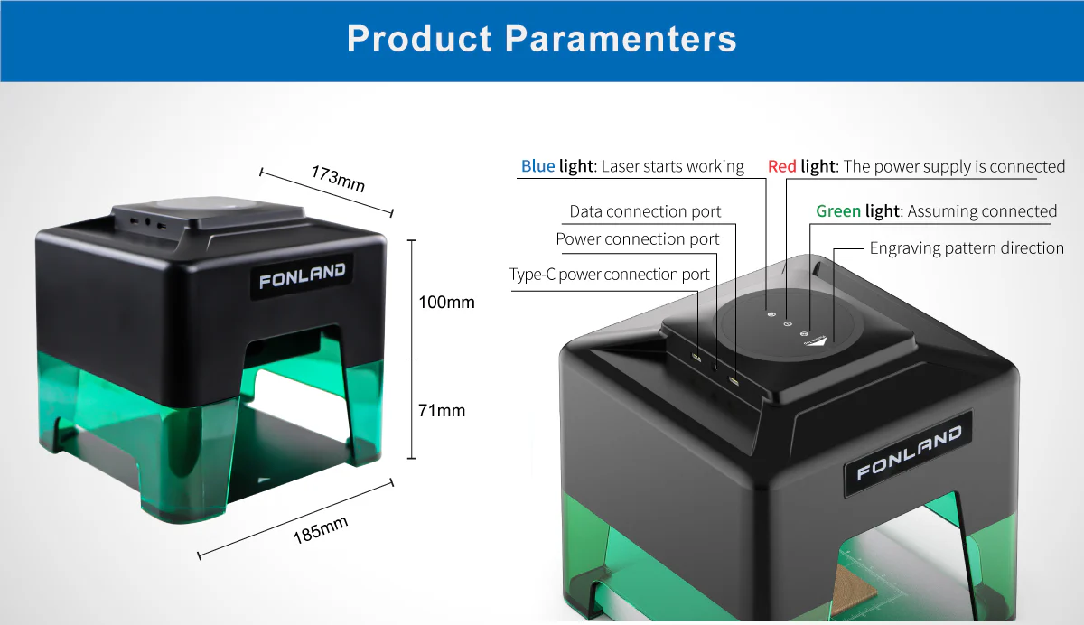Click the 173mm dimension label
338,179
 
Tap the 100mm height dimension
446,303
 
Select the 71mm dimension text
442,411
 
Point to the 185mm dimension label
321,529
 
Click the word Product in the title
419,38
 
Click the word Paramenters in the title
621,38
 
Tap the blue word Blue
537,166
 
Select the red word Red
782,166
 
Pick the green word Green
838,211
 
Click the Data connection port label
645,211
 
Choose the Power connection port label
638,239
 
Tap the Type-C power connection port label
609,275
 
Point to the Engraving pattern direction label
967,248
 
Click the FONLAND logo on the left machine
302,275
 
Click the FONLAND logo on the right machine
909,452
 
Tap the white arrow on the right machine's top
818,342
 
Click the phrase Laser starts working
672,166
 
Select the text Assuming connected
982,211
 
